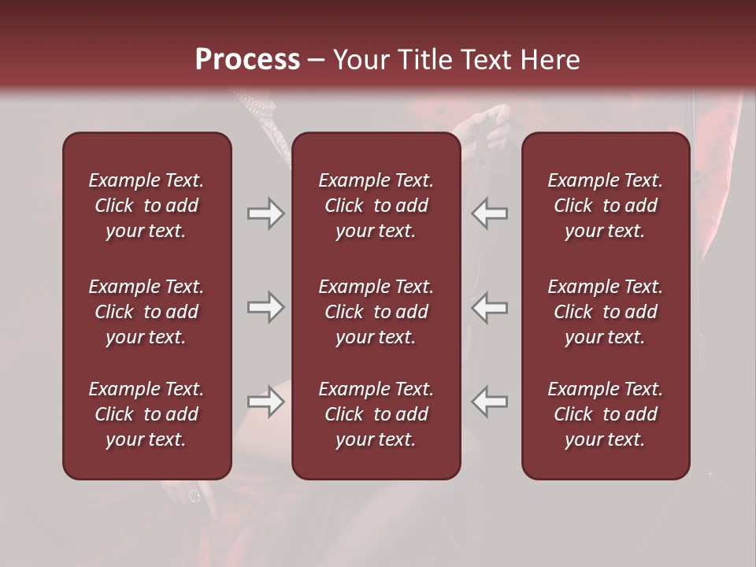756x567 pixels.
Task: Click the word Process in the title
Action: tap(247, 60)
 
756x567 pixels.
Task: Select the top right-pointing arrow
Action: tap(265, 213)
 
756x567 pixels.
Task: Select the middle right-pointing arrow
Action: tap(265, 307)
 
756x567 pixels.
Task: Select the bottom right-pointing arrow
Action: tap(265, 402)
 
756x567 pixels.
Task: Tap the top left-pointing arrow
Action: tap(490, 213)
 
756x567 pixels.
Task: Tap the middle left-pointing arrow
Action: tap(490, 307)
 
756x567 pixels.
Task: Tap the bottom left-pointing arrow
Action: tap(490, 402)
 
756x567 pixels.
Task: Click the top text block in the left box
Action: tap(146, 206)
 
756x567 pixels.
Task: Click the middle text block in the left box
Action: tap(146, 312)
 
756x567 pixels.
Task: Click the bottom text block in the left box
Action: tap(146, 414)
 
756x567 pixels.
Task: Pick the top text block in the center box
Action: tap(376, 206)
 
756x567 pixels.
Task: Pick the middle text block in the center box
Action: tap(376, 312)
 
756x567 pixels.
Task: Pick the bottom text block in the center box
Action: tap(376, 414)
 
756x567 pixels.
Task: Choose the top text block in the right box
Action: tap(605, 206)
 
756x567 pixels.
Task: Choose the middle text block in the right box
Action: tap(605, 312)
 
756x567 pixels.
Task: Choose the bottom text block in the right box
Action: tap(605, 414)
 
